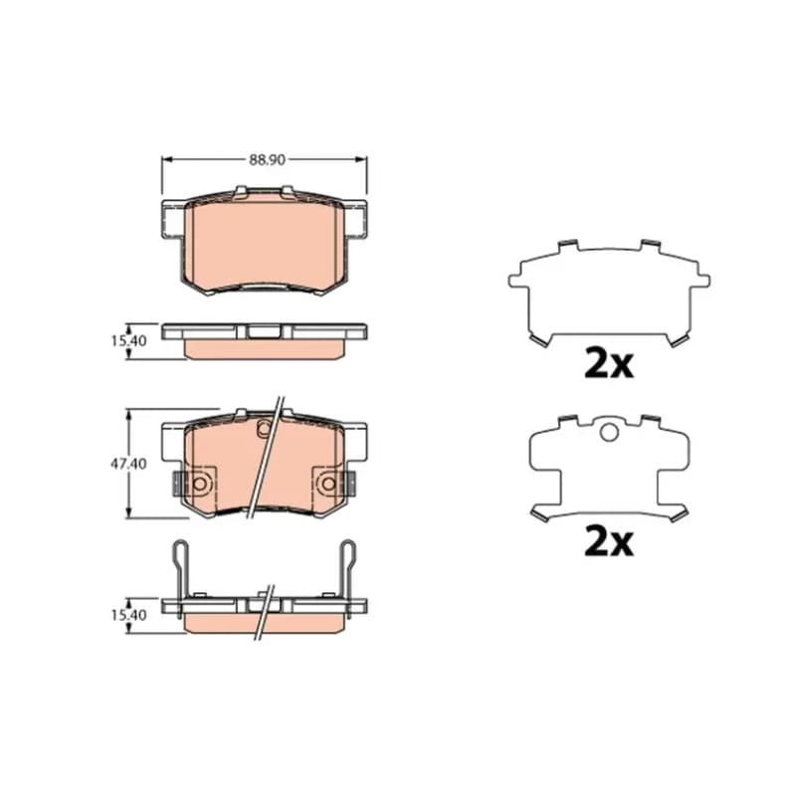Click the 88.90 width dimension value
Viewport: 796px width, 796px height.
tap(267, 160)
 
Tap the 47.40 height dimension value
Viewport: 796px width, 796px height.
tap(129, 464)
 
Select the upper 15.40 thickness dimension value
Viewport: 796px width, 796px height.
tap(129, 340)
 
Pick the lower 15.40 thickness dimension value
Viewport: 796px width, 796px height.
tap(129, 615)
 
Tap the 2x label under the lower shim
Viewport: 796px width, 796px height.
tap(609, 542)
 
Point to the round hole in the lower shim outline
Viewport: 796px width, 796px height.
tap(609, 433)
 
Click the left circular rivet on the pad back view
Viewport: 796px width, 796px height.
tap(200, 484)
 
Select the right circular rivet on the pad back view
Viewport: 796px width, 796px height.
tap(329, 484)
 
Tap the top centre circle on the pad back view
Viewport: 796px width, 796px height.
tap(264, 429)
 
